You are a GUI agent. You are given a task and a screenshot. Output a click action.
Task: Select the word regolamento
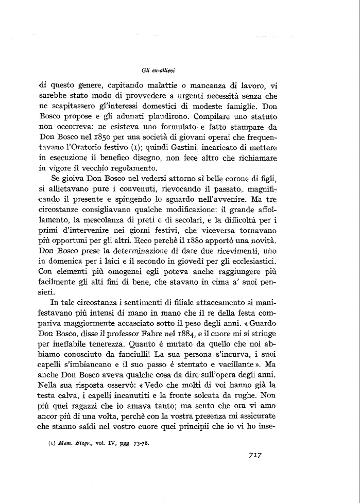142,170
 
